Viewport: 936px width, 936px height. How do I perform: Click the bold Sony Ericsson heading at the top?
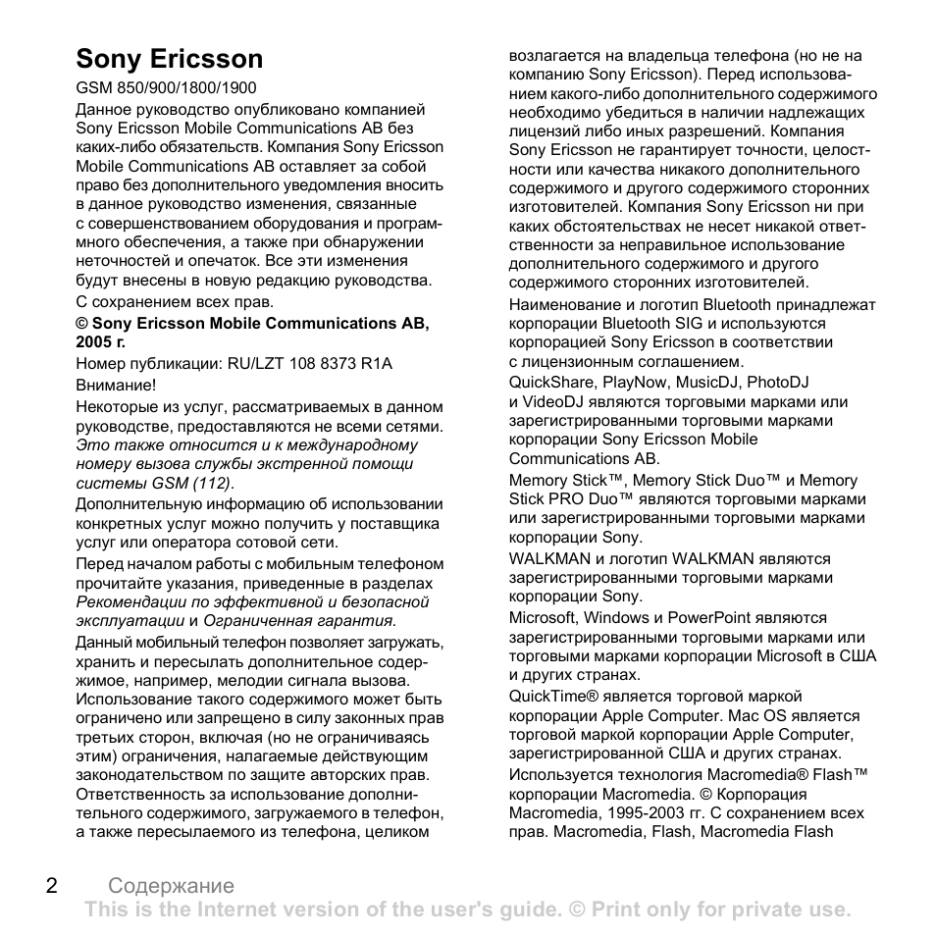pyautogui.click(x=170, y=59)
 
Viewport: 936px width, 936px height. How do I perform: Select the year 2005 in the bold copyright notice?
pyautogui.click(x=93, y=342)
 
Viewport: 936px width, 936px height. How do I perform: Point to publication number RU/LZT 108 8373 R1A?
pyautogui.click(x=310, y=364)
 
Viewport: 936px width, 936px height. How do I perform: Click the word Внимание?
pyautogui.click(x=116, y=386)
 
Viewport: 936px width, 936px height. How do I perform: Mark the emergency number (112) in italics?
pyautogui.click(x=213, y=483)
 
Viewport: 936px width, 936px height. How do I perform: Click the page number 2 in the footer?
pyautogui.click(x=51, y=886)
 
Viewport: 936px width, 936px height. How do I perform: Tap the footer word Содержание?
pyautogui.click(x=172, y=887)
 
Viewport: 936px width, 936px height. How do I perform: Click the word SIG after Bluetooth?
pyautogui.click(x=691, y=323)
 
